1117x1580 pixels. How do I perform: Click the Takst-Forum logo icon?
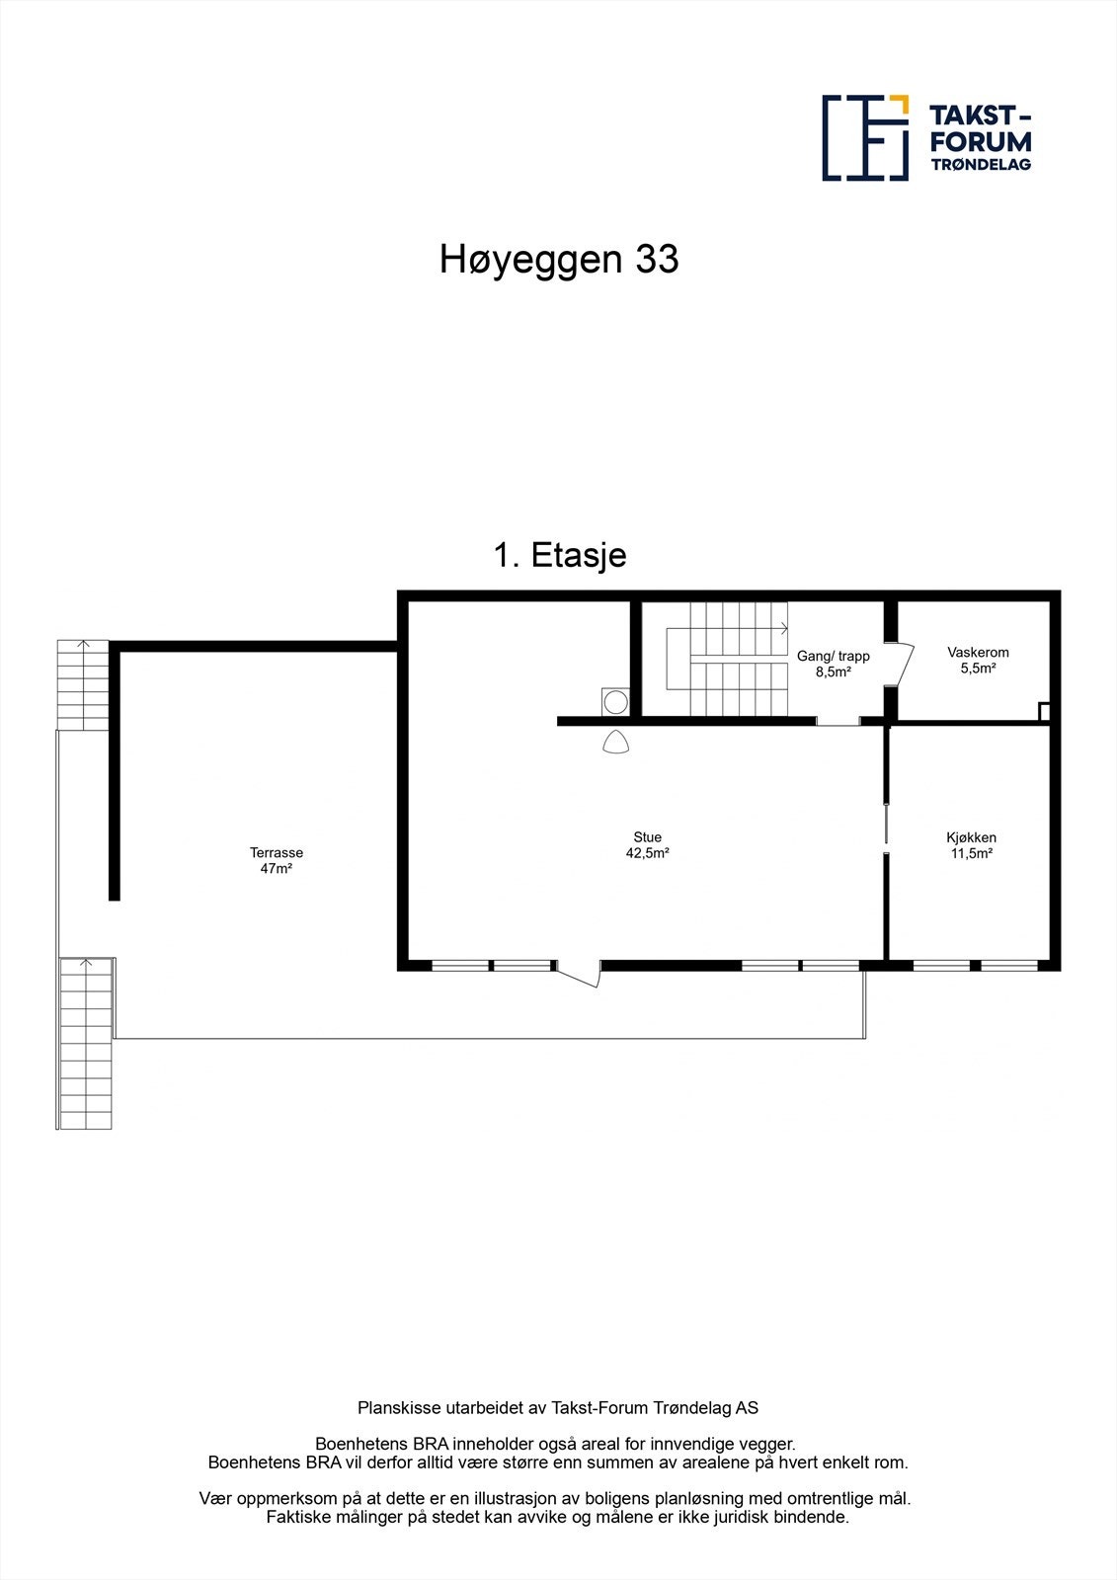click(x=865, y=138)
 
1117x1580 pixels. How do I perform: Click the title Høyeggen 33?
click(x=559, y=260)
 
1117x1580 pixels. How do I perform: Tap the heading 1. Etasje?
click(x=559, y=555)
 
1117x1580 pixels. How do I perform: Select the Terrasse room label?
click(x=277, y=853)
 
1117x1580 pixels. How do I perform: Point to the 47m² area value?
click(x=277, y=869)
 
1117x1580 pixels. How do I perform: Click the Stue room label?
click(x=648, y=837)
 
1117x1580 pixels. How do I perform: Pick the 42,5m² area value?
click(x=648, y=853)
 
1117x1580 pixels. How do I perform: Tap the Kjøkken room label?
click(x=971, y=837)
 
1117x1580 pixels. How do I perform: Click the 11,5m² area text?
click(x=971, y=853)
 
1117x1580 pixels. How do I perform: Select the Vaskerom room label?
click(x=978, y=653)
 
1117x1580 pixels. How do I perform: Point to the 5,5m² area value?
click(x=978, y=669)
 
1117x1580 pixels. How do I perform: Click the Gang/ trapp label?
click(x=834, y=656)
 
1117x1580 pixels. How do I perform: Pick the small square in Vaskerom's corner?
click(x=1045, y=711)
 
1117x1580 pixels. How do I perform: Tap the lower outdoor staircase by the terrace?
click(x=87, y=1044)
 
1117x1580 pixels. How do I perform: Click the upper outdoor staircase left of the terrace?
click(x=82, y=684)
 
